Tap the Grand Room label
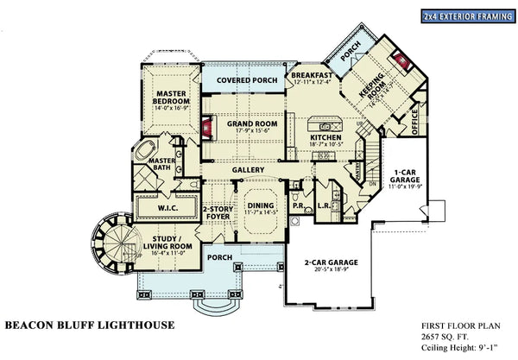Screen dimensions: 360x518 (x=252, y=123)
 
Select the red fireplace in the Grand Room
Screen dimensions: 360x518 (x=207, y=129)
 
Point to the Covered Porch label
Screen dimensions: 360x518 (x=247, y=80)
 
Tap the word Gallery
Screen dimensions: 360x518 (x=248, y=169)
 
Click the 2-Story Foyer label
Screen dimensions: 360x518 (x=215, y=213)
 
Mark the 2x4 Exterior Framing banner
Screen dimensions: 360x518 (x=470, y=16)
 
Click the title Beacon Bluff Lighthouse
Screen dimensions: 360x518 (x=90, y=325)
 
